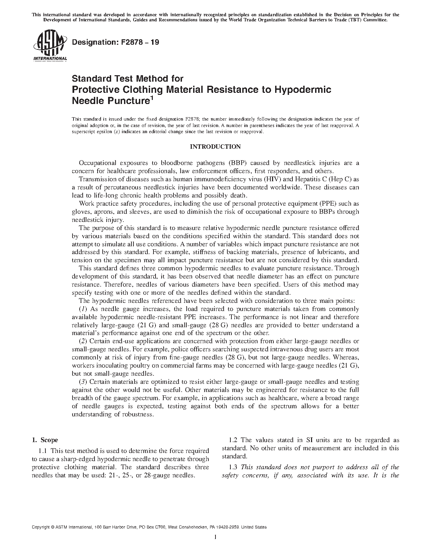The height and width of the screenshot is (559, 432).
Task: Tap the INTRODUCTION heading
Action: (x=215, y=147)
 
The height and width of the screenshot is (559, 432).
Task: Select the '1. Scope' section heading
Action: (x=45, y=440)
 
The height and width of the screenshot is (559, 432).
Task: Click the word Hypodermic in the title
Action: (x=303, y=89)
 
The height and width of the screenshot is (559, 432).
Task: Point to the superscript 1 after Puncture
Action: (x=152, y=99)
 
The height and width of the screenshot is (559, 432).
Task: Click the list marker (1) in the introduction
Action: (x=83, y=309)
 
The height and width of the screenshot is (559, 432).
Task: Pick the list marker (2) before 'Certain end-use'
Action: (x=83, y=341)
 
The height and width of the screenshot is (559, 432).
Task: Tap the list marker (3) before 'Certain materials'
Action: (x=83, y=382)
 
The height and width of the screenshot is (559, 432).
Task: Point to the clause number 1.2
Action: (x=233, y=440)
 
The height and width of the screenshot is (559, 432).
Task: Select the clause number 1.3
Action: (x=233, y=467)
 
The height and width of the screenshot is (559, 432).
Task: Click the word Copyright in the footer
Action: (x=40, y=527)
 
